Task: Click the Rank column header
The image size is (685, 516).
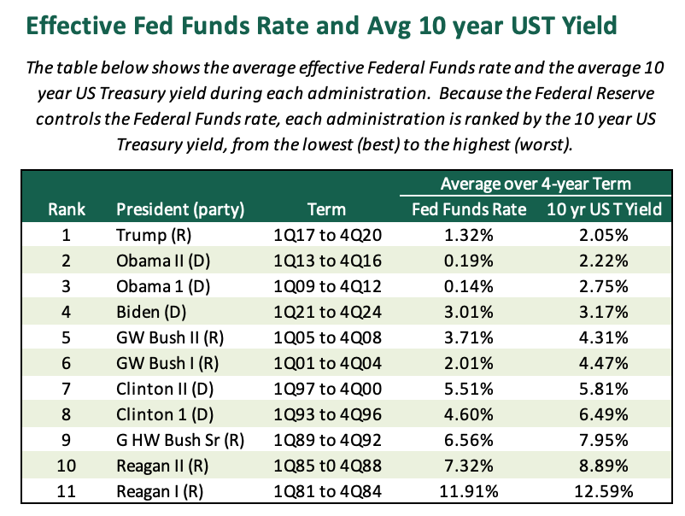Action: point(67,209)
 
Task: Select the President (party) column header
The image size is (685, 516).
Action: point(180,209)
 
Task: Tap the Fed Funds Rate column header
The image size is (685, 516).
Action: point(469,209)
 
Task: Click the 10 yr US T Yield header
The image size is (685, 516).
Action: point(604,209)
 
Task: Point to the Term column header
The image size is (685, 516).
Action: point(326,209)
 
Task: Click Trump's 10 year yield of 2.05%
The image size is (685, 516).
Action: point(603,235)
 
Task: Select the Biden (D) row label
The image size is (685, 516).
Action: point(151,313)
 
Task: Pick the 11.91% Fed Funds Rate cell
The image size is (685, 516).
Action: point(468,491)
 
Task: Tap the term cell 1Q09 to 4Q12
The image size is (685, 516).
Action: point(327,286)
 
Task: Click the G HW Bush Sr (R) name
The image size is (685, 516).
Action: point(180,441)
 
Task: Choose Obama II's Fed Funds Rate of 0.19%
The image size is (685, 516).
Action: point(468,261)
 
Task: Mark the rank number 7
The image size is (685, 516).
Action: point(66,389)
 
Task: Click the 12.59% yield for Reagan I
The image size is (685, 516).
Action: point(603,491)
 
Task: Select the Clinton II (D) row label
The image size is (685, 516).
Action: point(165,390)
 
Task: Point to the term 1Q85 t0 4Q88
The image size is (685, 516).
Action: point(327,466)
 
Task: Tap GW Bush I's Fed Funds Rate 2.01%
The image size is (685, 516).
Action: point(468,364)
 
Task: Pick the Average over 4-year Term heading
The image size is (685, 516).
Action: point(536,184)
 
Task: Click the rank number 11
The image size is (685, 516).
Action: point(66,491)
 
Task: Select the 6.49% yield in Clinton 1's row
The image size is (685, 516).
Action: point(603,414)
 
